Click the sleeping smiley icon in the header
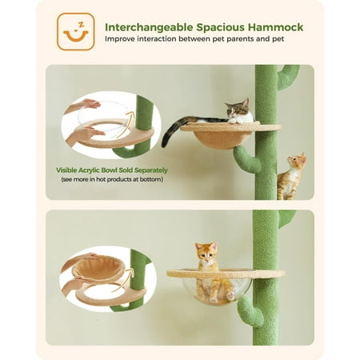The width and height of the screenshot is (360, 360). coord(76,31)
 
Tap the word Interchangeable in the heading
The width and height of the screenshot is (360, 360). coord(149,27)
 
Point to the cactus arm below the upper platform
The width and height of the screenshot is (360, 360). coord(246,160)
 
